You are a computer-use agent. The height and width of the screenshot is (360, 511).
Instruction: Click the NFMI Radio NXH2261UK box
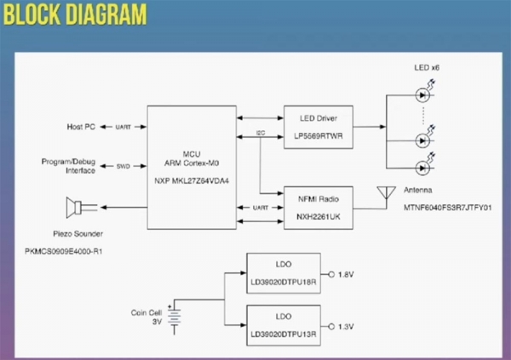(x=318, y=207)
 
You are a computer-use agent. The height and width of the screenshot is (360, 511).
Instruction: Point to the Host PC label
(x=82, y=127)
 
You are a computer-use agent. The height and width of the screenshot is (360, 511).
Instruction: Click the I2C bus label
(x=259, y=134)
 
